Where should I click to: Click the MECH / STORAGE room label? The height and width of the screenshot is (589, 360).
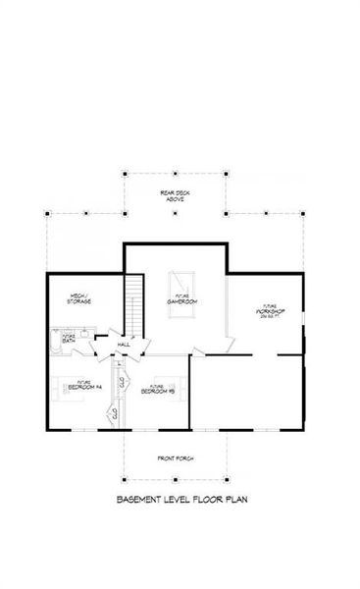[80, 297]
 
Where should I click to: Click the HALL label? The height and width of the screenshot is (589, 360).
[124, 346]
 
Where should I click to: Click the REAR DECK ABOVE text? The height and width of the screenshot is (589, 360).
[175, 195]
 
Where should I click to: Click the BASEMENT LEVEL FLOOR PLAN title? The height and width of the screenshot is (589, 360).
[181, 500]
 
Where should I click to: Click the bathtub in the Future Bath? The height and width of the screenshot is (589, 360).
[55, 344]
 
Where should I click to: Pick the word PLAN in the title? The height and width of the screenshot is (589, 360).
[234, 500]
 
